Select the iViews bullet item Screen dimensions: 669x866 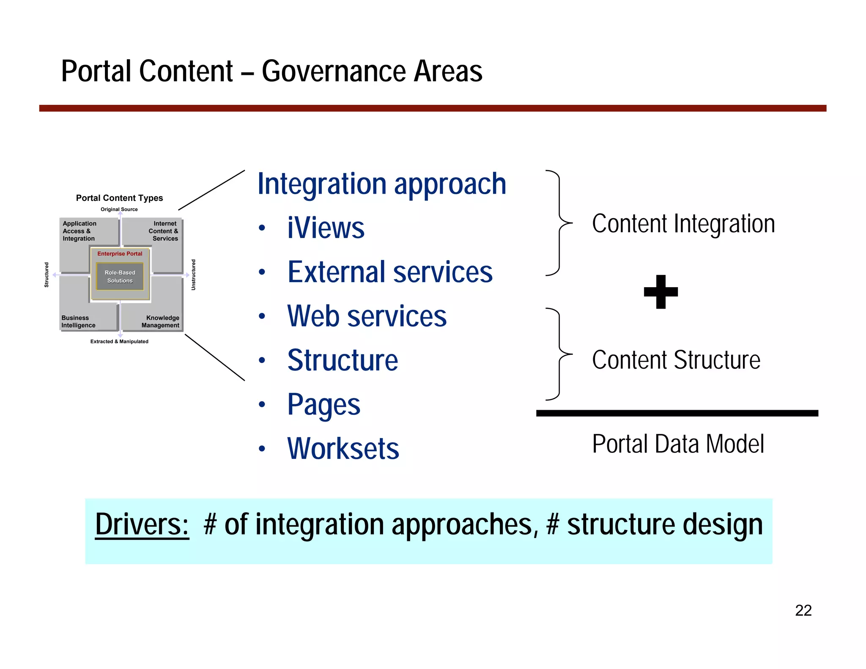point(326,228)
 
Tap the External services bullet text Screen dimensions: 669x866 point(390,272)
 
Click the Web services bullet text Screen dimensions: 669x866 point(367,316)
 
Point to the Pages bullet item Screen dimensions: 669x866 point(323,404)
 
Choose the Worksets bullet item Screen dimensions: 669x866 point(343,448)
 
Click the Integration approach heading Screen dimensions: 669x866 point(381,184)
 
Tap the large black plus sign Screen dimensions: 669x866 point(660,292)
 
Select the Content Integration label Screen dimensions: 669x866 point(683,224)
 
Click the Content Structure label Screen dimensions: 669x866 point(676,360)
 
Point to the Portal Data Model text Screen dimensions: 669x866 point(678,444)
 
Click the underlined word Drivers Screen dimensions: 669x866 point(142,524)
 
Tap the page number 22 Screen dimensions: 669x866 point(803,610)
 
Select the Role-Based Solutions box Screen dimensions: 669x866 point(120,277)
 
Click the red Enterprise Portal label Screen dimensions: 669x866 point(120,254)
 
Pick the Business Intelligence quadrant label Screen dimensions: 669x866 point(78,321)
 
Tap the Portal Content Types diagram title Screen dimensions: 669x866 point(119,198)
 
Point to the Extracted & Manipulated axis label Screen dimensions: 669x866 point(119,341)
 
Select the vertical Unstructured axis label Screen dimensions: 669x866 point(193,274)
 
